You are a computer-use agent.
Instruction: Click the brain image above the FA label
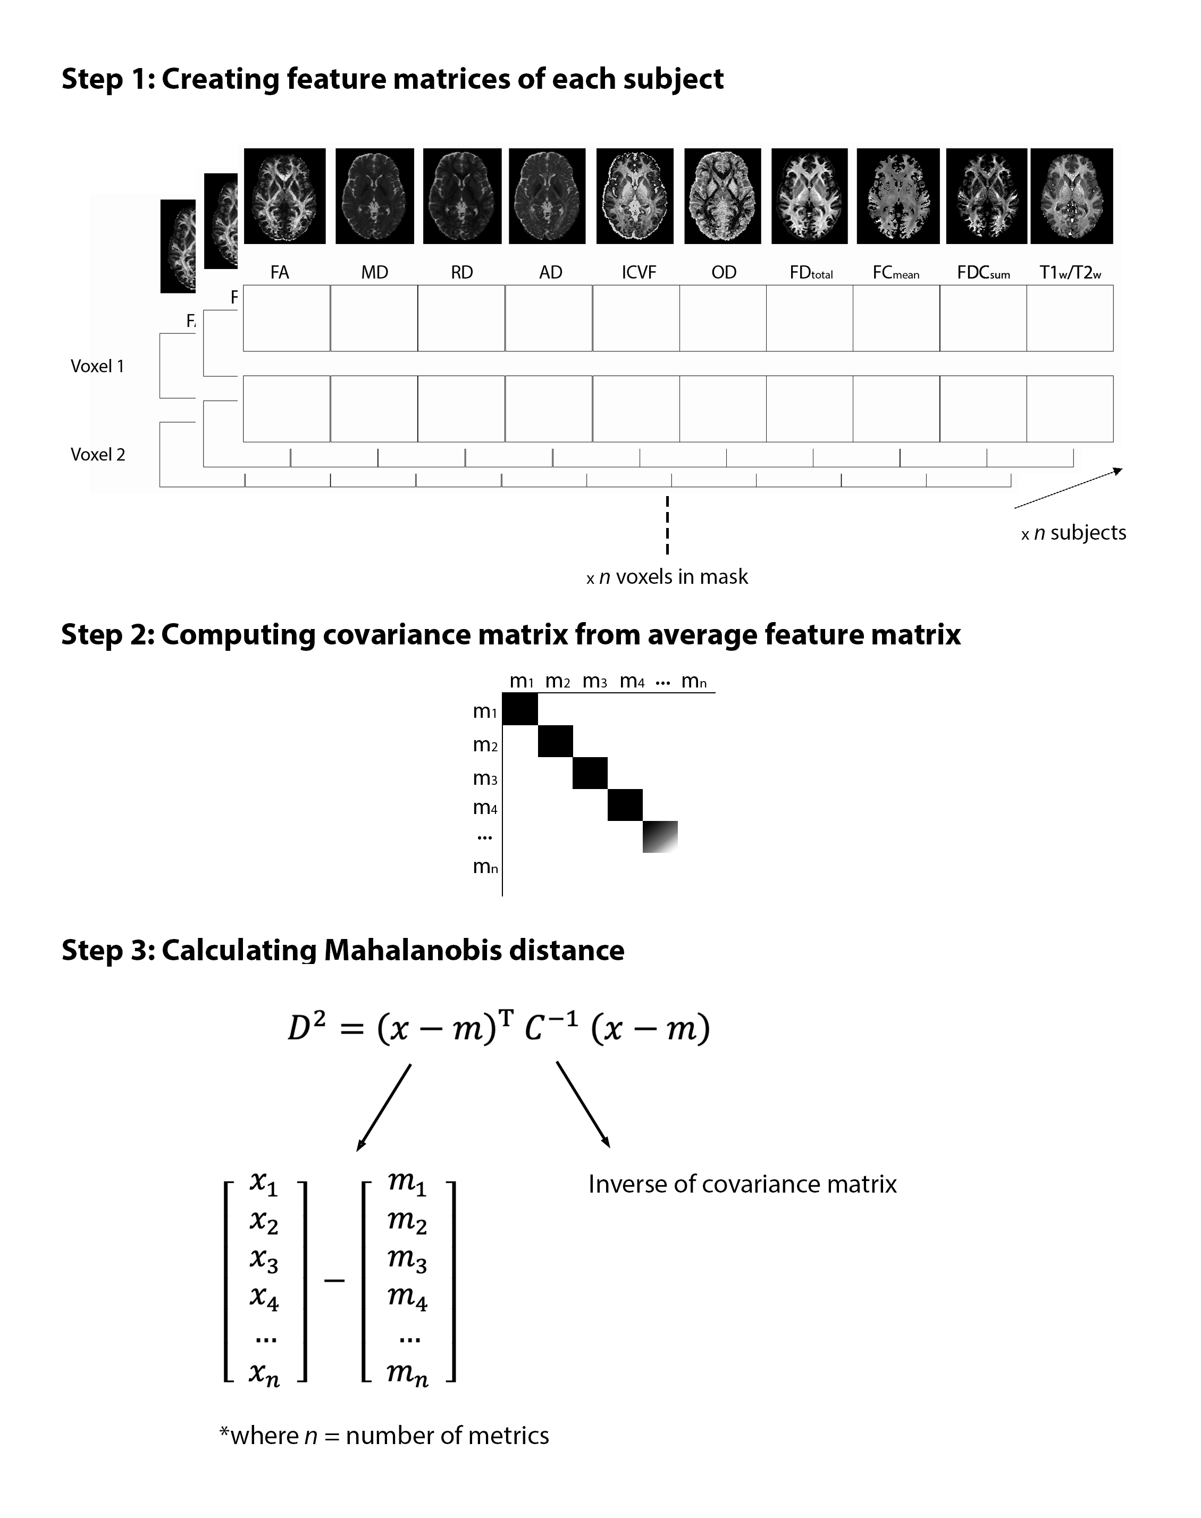coord(285,196)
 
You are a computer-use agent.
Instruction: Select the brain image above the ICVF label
coord(635,196)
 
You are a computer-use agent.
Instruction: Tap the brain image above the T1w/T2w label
coord(1072,196)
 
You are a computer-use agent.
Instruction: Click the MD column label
coord(375,273)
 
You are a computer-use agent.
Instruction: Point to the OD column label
coord(724,273)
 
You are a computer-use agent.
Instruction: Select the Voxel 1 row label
coord(97,366)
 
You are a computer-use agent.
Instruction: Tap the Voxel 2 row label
coord(98,455)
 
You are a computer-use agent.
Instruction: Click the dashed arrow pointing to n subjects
coord(1068,488)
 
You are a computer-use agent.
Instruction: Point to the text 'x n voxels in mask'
coord(667,577)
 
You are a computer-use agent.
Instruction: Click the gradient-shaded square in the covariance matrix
coord(660,837)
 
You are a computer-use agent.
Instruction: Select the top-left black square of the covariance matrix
coord(520,709)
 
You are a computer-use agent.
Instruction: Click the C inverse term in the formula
coord(551,1028)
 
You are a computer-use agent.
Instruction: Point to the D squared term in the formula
coord(307,1028)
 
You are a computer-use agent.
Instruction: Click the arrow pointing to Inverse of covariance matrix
coord(583,1104)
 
